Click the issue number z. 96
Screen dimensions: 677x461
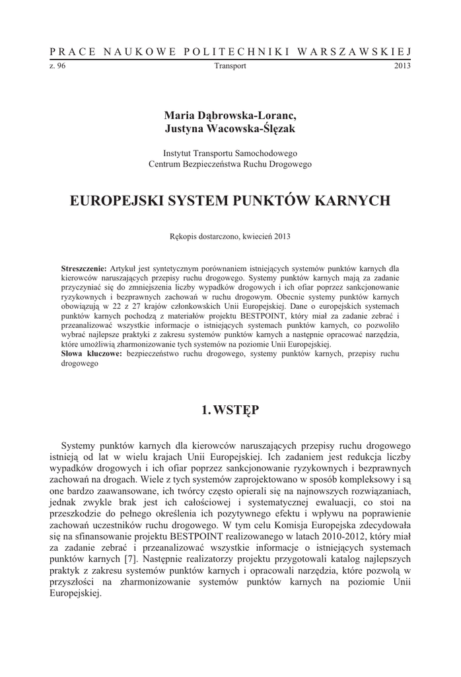pyautogui.click(x=57, y=66)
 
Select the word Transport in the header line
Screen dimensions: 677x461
pyautogui.click(x=230, y=66)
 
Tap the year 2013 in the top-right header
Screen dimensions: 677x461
pyautogui.click(x=403, y=66)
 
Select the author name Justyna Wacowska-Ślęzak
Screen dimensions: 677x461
pyautogui.click(x=230, y=129)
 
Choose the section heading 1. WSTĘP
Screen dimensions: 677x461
pyautogui.click(x=230, y=410)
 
